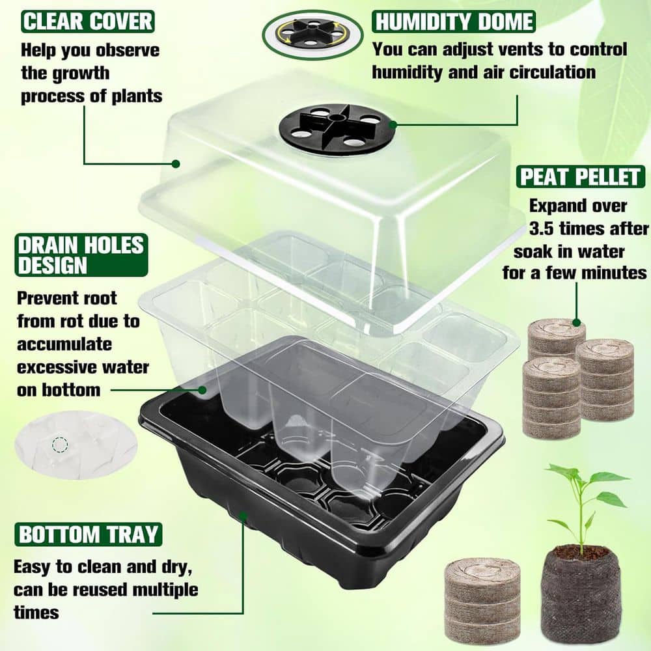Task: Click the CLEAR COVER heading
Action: point(88,21)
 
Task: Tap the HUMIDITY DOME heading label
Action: point(454,21)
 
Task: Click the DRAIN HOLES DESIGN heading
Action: point(81,255)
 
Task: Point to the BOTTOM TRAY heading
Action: point(88,534)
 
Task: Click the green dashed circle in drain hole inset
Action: point(60,445)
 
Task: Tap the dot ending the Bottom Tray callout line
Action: point(243,516)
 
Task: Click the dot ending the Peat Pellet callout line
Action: point(576,322)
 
